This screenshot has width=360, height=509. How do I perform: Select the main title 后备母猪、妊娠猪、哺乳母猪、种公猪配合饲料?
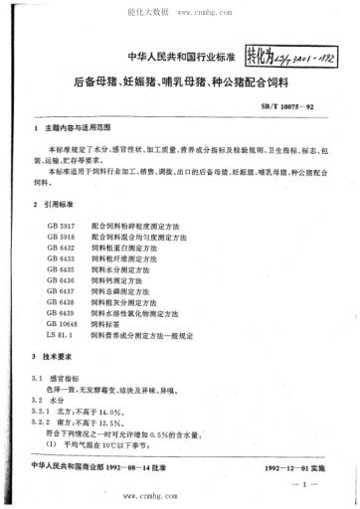point(180,82)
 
